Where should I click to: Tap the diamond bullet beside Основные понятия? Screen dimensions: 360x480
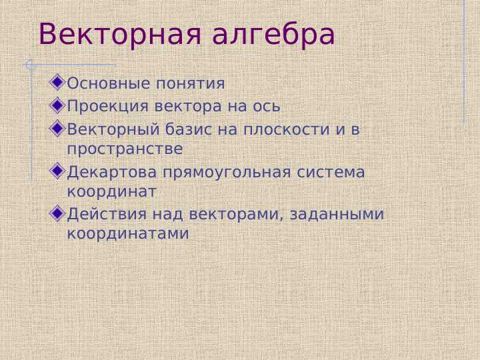[x=58, y=83]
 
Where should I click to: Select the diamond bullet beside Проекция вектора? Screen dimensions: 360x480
[x=58, y=105]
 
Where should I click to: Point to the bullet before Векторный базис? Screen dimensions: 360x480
[x=58, y=128]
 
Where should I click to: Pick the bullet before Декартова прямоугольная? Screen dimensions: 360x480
[x=58, y=172]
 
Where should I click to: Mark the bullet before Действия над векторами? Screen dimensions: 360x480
[x=58, y=214]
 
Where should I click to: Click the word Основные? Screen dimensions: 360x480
[x=109, y=84]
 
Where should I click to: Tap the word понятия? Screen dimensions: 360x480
[x=191, y=85]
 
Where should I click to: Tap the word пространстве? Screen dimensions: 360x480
[x=125, y=149]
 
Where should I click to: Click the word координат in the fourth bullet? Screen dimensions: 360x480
[x=112, y=192]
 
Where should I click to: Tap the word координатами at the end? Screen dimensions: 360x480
[x=128, y=235]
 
